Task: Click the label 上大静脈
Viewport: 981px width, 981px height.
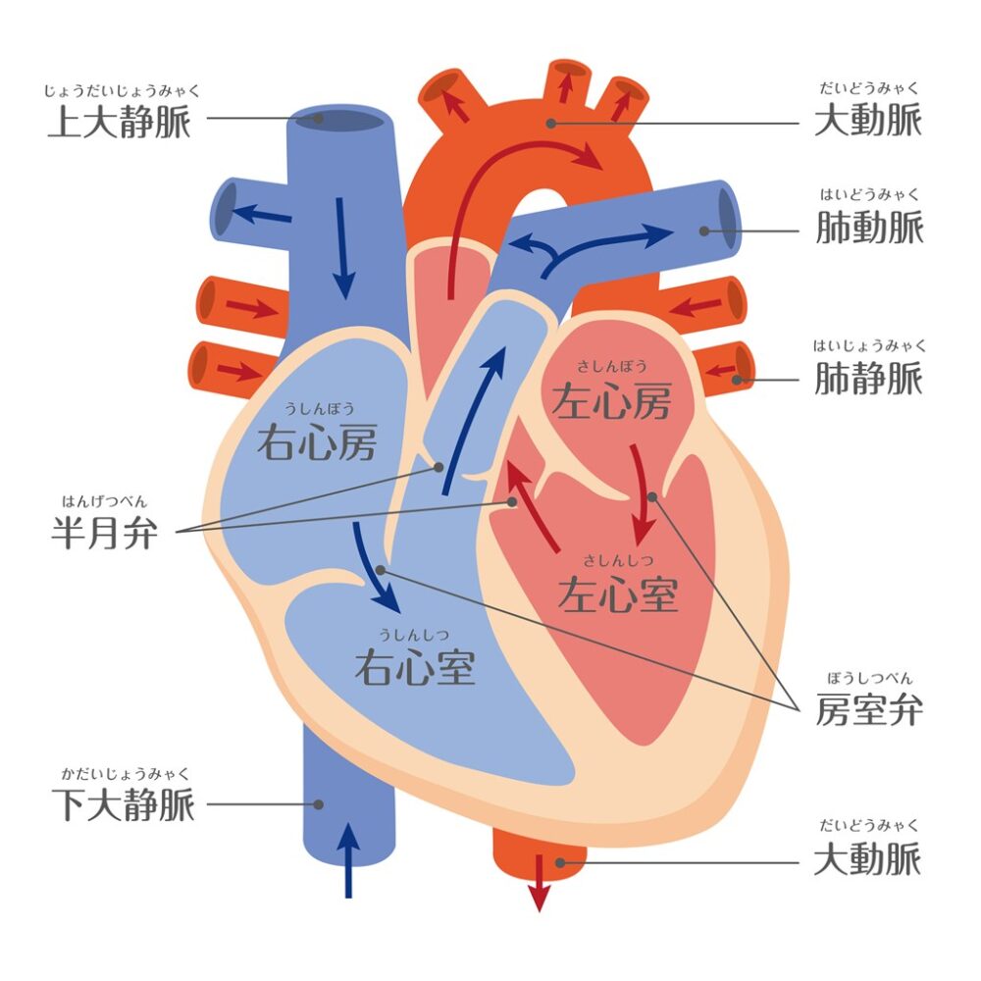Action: (120, 121)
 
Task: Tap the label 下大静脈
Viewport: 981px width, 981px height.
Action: (124, 804)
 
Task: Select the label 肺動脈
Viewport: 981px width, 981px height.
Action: (869, 227)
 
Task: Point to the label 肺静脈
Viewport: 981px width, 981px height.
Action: (869, 378)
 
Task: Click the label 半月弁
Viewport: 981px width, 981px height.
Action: (105, 533)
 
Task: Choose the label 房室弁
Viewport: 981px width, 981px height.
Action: (869, 709)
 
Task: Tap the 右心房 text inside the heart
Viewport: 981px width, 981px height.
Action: (317, 441)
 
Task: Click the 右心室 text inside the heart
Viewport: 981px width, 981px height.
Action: (415, 666)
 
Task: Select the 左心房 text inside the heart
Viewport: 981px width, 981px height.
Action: (611, 400)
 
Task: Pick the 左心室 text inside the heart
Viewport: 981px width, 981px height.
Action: (618, 594)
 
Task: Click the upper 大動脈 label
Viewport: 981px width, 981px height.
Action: (868, 120)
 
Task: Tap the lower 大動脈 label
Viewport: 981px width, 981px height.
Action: (868, 858)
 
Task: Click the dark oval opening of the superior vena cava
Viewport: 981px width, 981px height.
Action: (339, 121)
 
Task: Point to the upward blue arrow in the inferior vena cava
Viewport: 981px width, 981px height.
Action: (348, 860)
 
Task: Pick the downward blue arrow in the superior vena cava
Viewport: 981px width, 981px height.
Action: (342, 248)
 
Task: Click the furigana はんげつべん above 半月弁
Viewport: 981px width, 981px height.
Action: (105, 501)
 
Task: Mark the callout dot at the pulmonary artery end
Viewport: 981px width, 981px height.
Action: (703, 231)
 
